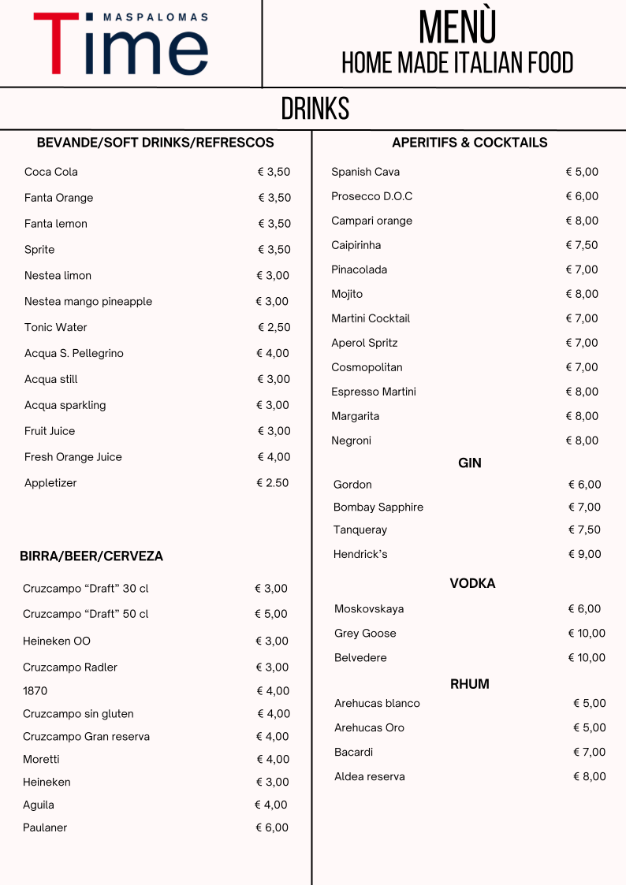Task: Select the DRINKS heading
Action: pyautogui.click(x=315, y=110)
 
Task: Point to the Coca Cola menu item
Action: pyautogui.click(x=51, y=172)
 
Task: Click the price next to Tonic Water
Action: pyautogui.click(x=274, y=327)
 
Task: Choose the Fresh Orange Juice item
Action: pyautogui.click(x=73, y=457)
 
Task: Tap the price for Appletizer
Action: pyautogui.click(x=273, y=483)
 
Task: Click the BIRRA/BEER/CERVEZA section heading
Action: pyautogui.click(x=91, y=556)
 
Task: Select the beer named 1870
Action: pyautogui.click(x=35, y=691)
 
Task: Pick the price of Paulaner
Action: pyautogui.click(x=272, y=827)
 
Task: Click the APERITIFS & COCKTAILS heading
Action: pyautogui.click(x=470, y=143)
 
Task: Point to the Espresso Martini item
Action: pyautogui.click(x=374, y=392)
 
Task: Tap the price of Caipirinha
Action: pyautogui.click(x=582, y=245)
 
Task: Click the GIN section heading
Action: pyautogui.click(x=470, y=463)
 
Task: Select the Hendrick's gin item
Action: pyautogui.click(x=360, y=554)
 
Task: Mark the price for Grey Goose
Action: pyautogui.click(x=587, y=634)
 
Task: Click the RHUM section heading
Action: pyautogui.click(x=470, y=684)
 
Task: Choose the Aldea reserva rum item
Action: pyautogui.click(x=370, y=777)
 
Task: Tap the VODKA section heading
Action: pyautogui.click(x=472, y=584)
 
